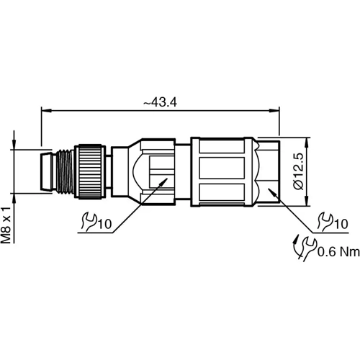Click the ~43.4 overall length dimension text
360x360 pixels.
tap(160, 103)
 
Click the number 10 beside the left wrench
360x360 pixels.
tap(105, 225)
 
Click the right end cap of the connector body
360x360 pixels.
tap(266, 171)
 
